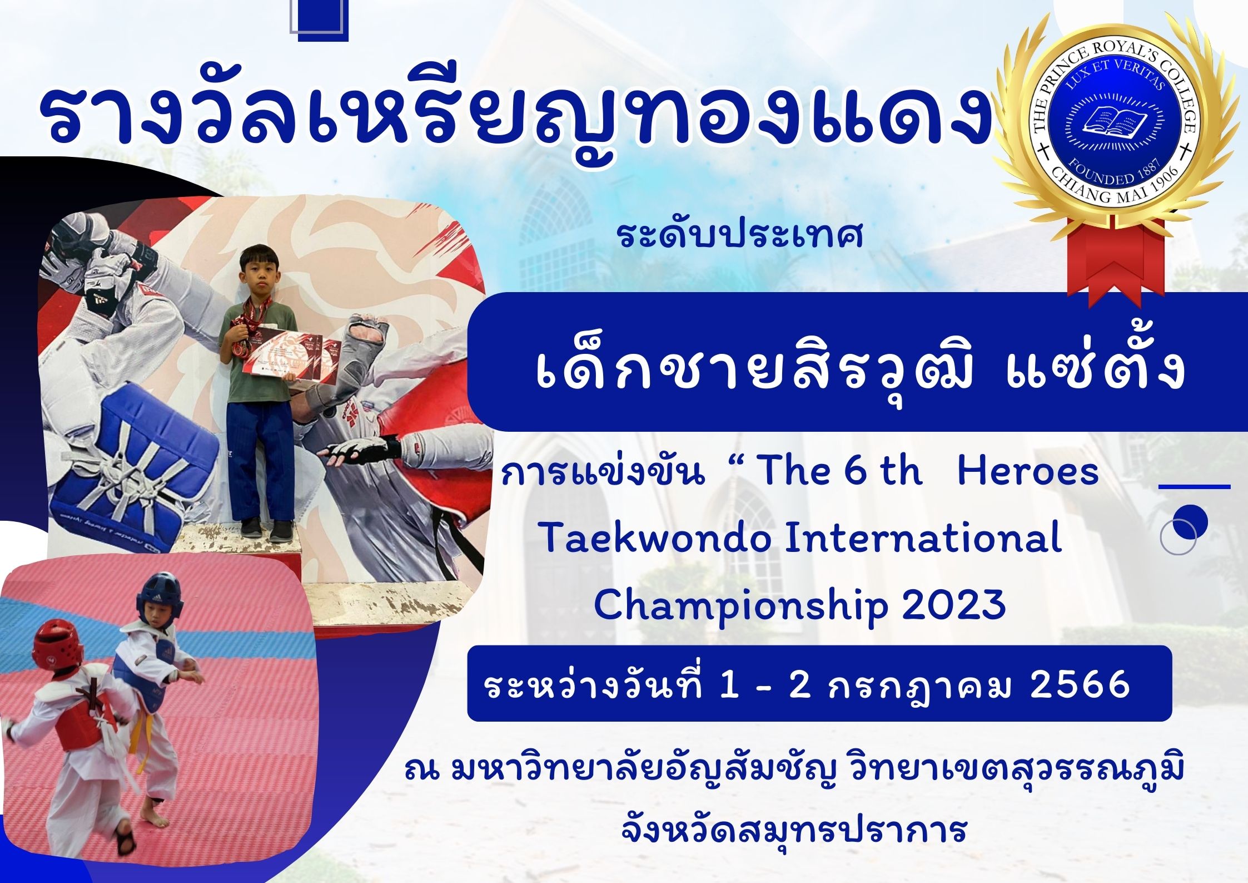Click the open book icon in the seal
(x=1114, y=120)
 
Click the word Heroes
(x=1028, y=471)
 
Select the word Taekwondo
(x=655, y=539)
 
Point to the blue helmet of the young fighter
(x=159, y=596)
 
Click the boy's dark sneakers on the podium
(x=267, y=529)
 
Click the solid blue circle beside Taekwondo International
(x=1189, y=521)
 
